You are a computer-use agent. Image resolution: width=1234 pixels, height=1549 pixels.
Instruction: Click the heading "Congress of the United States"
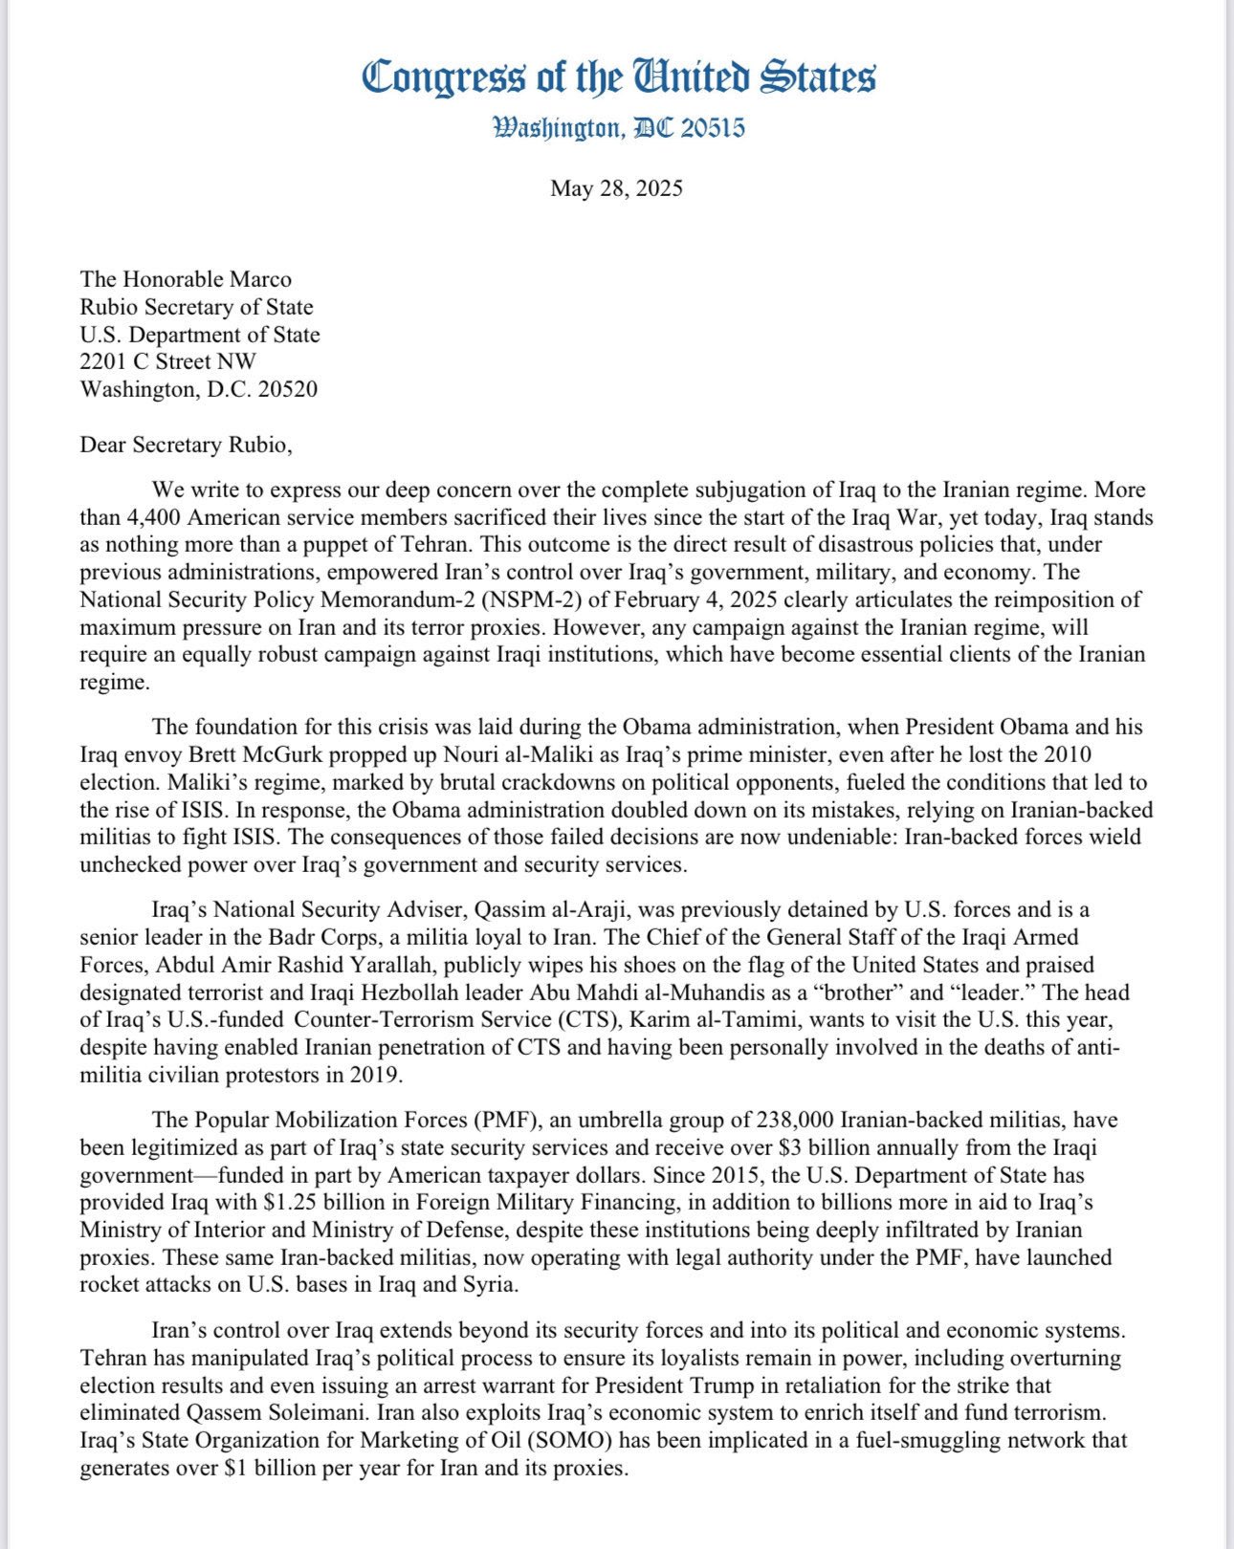click(x=618, y=77)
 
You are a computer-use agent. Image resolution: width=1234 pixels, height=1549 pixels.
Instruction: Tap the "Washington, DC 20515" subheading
click(x=618, y=128)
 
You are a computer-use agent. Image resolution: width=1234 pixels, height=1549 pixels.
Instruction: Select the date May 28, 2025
click(x=616, y=187)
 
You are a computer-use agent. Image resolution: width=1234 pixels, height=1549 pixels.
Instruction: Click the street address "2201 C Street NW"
click(x=168, y=361)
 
